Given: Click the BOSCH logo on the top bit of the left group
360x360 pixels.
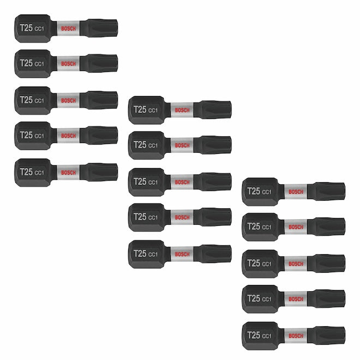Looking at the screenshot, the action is (68, 28).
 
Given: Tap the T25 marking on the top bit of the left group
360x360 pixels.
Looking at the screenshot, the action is (26, 28).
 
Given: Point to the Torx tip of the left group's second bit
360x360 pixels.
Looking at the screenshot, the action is (99, 63).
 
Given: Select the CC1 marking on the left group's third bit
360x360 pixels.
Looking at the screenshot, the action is (39, 100).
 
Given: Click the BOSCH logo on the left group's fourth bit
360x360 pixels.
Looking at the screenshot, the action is (68, 136).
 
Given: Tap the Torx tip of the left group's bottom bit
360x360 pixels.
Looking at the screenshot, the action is (99, 172).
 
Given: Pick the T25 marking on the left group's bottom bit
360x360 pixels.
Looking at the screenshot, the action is (26, 172).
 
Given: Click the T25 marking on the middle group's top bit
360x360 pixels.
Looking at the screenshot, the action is (140, 110).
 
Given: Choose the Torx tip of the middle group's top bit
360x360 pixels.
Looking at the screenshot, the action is (213, 110).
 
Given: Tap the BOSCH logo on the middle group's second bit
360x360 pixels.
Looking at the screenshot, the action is (182, 145).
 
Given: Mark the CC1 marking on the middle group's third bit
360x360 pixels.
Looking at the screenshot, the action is (153, 182).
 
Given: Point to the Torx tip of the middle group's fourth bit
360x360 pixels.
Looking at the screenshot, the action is (213, 217).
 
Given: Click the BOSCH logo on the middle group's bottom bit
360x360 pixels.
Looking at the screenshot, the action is (182, 254).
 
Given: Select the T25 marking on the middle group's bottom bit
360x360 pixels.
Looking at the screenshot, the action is (140, 254).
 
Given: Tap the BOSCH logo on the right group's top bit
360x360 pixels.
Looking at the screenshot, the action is (296, 191).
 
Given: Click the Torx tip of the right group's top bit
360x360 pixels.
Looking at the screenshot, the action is (327, 191).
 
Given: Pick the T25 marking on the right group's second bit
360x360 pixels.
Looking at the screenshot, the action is (254, 226).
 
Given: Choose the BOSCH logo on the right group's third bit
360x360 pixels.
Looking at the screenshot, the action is (296, 264).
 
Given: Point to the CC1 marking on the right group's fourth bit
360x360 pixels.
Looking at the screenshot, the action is (267, 299).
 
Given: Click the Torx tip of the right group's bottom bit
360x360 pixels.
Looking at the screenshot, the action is (327, 335).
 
